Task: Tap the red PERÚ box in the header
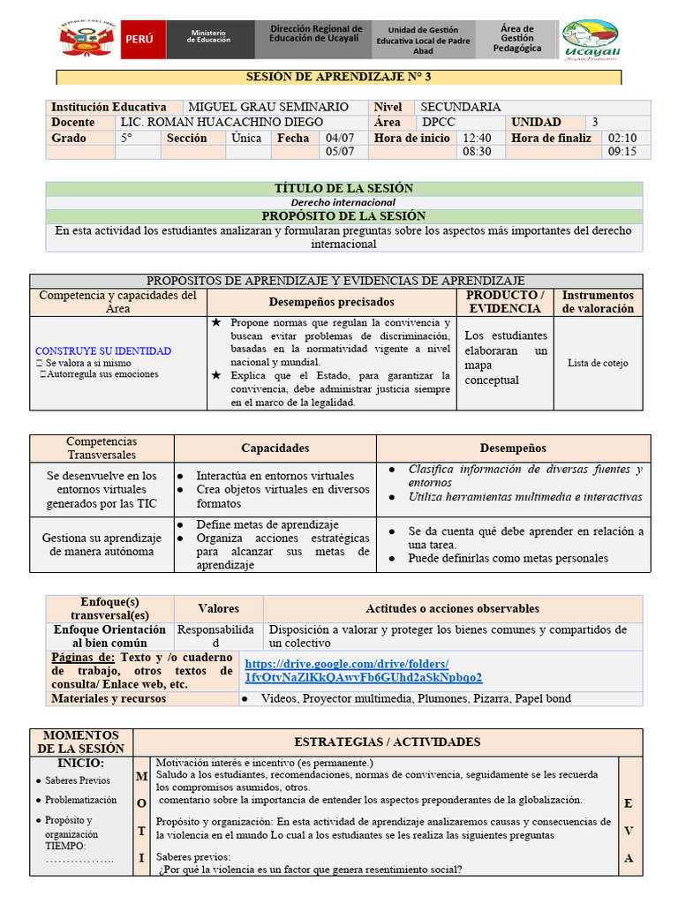141,41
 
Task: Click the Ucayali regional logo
591,41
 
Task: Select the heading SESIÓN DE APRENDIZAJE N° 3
339,77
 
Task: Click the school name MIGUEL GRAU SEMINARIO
268,107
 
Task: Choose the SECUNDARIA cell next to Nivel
461,107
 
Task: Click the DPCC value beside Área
441,123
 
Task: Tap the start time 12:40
477,138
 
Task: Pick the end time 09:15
621,152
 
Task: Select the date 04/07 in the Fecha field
340,138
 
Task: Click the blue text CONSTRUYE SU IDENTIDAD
103,350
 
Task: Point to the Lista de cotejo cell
598,363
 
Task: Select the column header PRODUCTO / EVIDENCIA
505,302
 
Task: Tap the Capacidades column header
275,448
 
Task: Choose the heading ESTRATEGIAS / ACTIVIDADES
387,742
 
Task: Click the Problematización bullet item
81,800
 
